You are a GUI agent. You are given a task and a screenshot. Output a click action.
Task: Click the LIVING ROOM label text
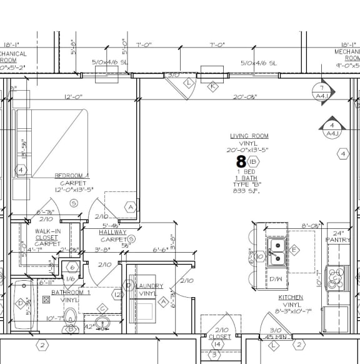tap(249, 136)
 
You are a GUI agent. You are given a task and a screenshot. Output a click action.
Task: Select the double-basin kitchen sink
tap(276, 251)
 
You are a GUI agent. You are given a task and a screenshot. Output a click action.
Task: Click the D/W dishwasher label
tap(276, 278)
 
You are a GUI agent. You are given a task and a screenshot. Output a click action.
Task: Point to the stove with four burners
tap(337, 277)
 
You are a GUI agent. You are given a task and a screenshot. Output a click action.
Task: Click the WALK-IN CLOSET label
tap(46, 238)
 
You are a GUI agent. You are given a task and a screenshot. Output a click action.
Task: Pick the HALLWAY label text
tap(112, 232)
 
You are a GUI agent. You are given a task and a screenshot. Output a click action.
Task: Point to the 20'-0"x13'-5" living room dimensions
tap(249, 149)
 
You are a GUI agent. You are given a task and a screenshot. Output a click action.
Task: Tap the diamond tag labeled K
tap(212, 86)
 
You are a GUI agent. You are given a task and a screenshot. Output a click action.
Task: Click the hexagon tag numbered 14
tap(217, 343)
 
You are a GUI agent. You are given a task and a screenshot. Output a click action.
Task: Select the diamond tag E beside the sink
tap(293, 249)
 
